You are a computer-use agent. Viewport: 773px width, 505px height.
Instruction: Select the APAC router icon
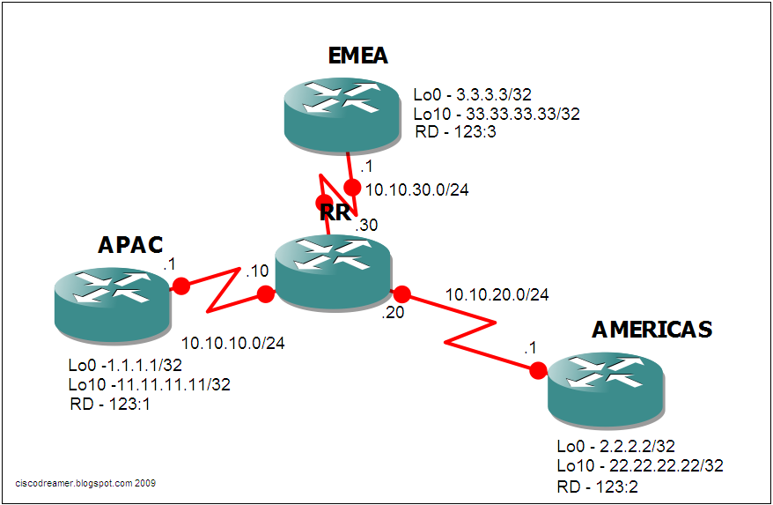(109, 303)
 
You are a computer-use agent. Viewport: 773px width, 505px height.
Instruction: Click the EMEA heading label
(357, 56)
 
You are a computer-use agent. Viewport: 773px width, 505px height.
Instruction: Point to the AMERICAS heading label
(652, 329)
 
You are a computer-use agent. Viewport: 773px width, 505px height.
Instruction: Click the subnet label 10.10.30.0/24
(416, 189)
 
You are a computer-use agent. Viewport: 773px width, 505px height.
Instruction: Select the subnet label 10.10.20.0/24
(497, 294)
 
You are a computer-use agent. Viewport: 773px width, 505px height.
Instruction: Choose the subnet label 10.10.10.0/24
(233, 342)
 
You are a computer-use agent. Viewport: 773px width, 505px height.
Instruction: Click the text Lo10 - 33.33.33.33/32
(497, 114)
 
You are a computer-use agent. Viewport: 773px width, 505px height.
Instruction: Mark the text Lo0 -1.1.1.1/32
(125, 365)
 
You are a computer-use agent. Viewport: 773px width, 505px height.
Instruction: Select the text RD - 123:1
(109, 404)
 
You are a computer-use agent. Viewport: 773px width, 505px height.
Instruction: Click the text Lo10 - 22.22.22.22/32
(640, 465)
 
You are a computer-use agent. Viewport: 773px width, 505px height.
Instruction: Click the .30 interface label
(366, 226)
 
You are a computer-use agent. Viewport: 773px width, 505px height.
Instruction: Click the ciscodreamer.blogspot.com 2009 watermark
(87, 483)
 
